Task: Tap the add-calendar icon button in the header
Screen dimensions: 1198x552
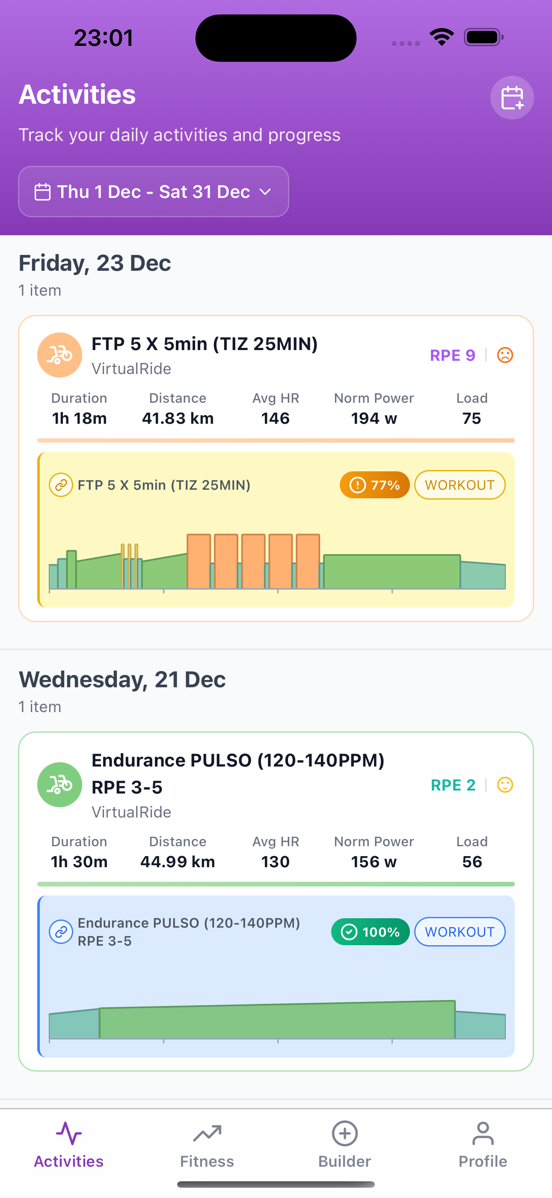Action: click(512, 98)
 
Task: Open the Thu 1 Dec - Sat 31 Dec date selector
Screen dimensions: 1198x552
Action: click(153, 192)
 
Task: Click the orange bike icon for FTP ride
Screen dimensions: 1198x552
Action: click(59, 355)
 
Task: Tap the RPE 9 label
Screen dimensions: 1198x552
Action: click(452, 355)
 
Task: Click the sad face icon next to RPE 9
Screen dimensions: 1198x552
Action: click(505, 355)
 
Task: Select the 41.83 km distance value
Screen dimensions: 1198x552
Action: click(178, 418)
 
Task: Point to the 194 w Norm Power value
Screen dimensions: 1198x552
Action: click(374, 418)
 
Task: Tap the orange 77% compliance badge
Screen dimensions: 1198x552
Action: click(374, 485)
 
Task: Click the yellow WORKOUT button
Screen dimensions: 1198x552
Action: click(459, 485)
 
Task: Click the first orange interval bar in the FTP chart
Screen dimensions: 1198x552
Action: click(199, 561)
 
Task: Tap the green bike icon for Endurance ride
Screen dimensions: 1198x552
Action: click(59, 785)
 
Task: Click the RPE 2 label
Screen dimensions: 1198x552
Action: click(453, 785)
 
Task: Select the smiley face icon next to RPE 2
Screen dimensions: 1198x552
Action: click(505, 785)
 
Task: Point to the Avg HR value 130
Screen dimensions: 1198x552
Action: click(275, 862)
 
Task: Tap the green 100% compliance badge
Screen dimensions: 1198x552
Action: click(370, 931)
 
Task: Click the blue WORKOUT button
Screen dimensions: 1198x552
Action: click(459, 931)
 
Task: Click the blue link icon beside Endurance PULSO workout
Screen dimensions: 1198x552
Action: click(61, 931)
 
